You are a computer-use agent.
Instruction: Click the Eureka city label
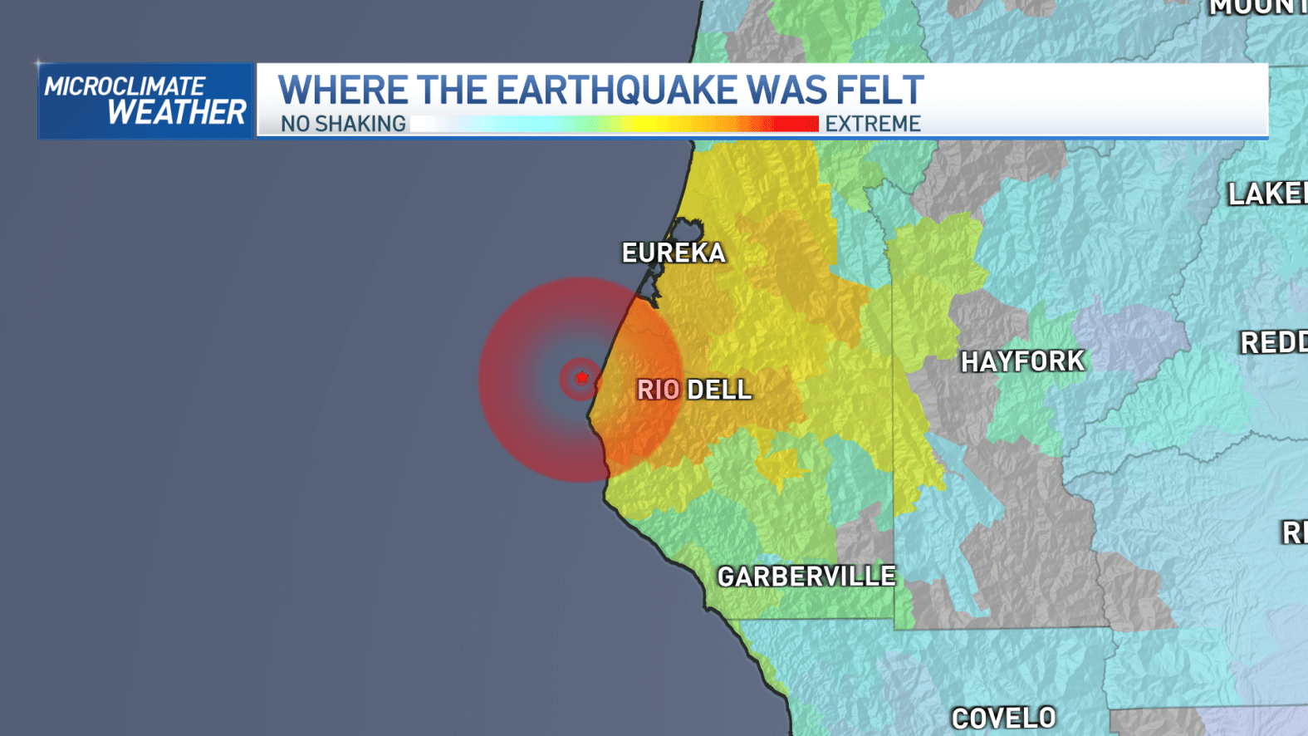pyautogui.click(x=674, y=253)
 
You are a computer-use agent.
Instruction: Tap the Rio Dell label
pyautogui.click(x=694, y=390)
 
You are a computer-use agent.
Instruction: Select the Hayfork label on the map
pyautogui.click(x=1022, y=361)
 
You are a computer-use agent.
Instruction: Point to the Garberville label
pyautogui.click(x=806, y=577)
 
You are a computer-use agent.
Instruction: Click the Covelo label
pyautogui.click(x=1003, y=718)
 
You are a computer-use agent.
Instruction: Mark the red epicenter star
pyautogui.click(x=581, y=378)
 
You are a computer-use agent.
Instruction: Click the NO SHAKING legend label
pyautogui.click(x=343, y=124)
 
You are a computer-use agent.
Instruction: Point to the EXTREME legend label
pyautogui.click(x=873, y=124)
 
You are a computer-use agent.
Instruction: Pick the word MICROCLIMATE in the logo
pyautogui.click(x=125, y=86)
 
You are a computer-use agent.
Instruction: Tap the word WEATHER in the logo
pyautogui.click(x=177, y=112)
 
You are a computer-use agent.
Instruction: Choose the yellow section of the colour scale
pyautogui.click(x=639, y=124)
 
